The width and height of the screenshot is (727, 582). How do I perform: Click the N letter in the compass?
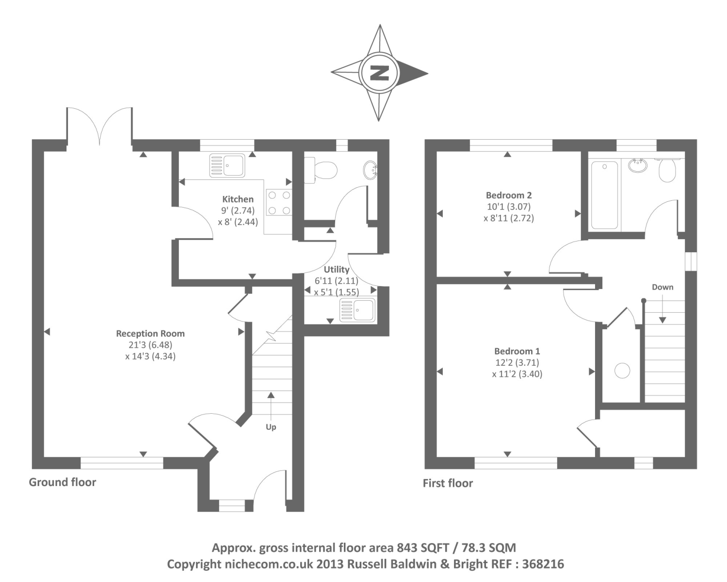coord(379,73)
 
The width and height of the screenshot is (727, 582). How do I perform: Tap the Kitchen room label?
coord(238,199)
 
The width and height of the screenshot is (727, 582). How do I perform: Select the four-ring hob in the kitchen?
coord(279,203)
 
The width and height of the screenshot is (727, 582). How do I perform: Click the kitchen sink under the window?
coord(227,165)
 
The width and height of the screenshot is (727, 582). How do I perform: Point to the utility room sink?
coord(357,310)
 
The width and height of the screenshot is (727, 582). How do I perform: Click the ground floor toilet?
coord(322,170)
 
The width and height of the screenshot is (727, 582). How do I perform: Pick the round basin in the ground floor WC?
coord(371,170)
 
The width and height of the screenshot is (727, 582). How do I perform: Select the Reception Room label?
coord(150,334)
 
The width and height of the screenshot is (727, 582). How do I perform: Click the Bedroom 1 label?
coord(517,351)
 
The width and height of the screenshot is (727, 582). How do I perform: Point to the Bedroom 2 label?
coord(509,195)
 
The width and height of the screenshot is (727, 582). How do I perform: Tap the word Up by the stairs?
coord(271,427)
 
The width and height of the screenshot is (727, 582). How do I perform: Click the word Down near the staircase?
coord(662,287)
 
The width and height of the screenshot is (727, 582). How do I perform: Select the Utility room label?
coord(337,270)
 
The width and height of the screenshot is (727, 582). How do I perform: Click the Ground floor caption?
coord(63,482)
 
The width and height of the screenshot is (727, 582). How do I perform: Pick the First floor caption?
coord(448,483)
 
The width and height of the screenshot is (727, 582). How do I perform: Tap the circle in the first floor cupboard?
coord(622,371)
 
